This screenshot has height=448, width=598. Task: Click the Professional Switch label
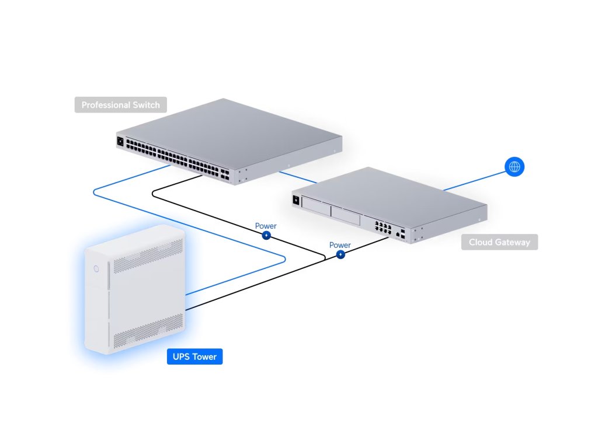tap(120, 105)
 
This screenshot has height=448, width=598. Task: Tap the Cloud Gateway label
tap(500, 242)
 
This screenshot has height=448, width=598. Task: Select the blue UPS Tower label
tap(195, 356)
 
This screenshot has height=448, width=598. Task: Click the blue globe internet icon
tap(514, 167)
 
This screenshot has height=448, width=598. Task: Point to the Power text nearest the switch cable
tap(266, 226)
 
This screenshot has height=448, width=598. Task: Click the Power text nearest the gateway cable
tap(340, 245)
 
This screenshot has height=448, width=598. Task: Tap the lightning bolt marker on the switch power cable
tap(266, 236)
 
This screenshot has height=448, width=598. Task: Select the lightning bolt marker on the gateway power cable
tap(340, 254)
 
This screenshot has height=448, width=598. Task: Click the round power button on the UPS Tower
tap(96, 268)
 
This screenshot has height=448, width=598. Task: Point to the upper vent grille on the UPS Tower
tap(148, 256)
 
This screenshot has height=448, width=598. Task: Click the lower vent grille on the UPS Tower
tap(148, 330)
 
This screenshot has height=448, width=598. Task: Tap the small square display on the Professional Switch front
tap(120, 141)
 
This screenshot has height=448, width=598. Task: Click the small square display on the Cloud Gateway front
tap(296, 199)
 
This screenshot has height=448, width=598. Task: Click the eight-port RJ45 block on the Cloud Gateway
tap(383, 227)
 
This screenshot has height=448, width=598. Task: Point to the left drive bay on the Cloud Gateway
tap(316, 208)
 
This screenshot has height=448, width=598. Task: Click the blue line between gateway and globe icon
tap(474, 181)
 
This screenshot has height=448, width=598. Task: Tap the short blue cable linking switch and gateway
tap(298, 177)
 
